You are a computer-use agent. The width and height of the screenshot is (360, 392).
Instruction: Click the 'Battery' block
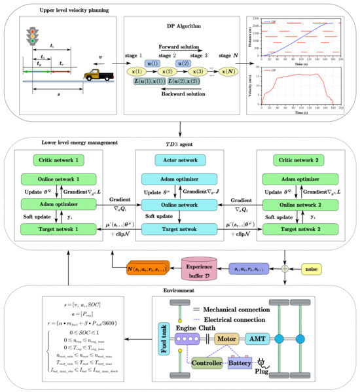[x=242, y=362]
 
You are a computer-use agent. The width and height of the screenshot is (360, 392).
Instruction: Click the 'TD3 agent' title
[x=179, y=143]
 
